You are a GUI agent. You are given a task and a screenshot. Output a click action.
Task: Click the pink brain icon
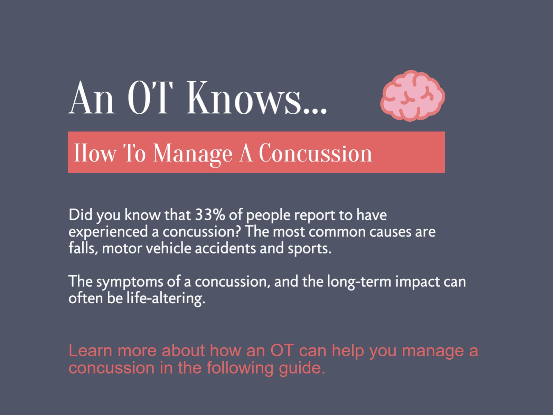(412, 96)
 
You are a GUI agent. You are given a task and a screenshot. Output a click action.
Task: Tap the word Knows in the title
(244, 98)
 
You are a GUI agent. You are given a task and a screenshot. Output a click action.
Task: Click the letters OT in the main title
(150, 98)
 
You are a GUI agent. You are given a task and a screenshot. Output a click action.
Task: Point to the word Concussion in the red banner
(316, 153)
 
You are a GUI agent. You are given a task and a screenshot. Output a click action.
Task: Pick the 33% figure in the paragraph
(210, 215)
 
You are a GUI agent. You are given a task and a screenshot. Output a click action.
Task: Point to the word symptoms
(130, 282)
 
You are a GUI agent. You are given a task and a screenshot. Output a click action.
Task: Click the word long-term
(359, 282)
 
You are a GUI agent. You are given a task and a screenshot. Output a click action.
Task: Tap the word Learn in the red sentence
(90, 350)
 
